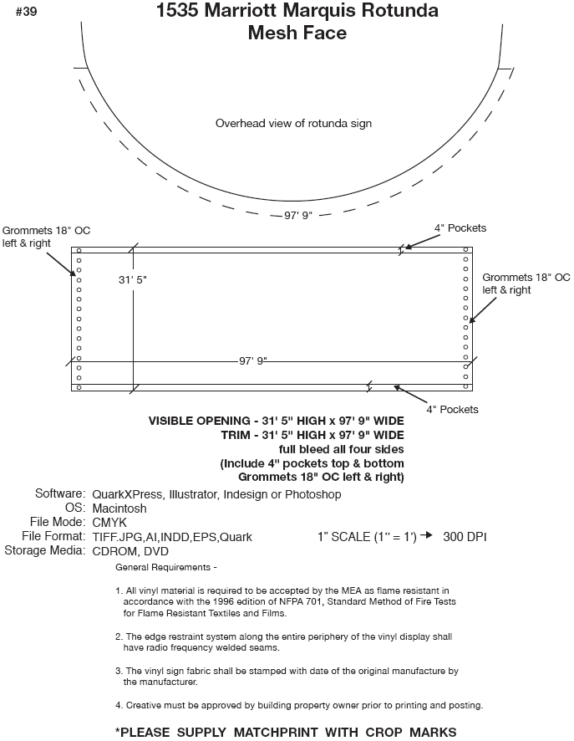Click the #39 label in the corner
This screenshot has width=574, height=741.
[24, 12]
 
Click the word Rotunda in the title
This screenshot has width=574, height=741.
[395, 12]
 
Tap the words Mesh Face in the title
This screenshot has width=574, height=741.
[297, 33]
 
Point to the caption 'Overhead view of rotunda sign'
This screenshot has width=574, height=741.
[293, 123]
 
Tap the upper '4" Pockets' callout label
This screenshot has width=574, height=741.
[460, 228]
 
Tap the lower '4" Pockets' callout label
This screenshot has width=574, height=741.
[452, 410]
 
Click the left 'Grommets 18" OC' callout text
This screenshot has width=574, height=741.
[38, 230]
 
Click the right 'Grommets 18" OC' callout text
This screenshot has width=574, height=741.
[526, 278]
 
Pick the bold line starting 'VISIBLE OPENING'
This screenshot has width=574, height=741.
[276, 421]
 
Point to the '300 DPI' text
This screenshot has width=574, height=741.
[465, 536]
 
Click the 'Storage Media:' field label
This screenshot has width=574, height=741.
[44, 550]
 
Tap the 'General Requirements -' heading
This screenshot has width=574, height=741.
[166, 568]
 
